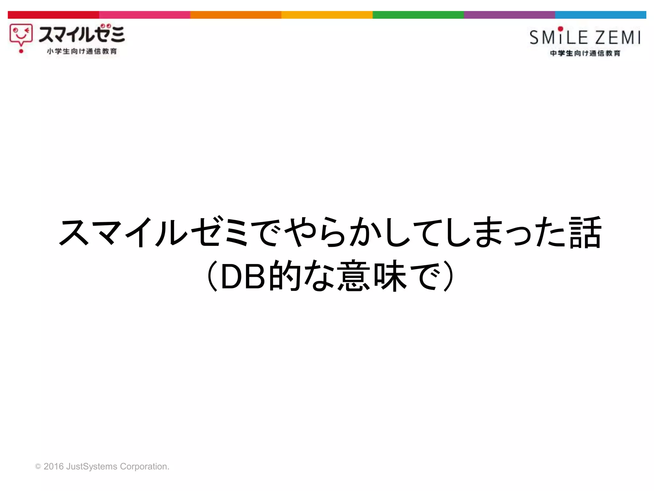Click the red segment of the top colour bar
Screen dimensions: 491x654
(x=53, y=15)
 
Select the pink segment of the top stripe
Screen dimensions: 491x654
(x=145, y=15)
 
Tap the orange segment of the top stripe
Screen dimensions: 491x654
(x=236, y=15)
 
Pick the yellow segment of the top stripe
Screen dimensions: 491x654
(x=327, y=15)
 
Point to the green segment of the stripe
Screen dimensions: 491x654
(x=418, y=15)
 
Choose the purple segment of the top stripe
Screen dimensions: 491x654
(x=509, y=15)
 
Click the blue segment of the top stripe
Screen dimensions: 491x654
(x=600, y=15)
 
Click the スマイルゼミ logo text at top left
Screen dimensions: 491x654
(x=82, y=34)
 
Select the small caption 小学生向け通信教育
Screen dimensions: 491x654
(x=82, y=51)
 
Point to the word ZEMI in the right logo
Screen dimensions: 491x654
(x=618, y=38)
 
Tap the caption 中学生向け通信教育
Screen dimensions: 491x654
(x=585, y=53)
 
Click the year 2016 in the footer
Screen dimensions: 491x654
(x=53, y=466)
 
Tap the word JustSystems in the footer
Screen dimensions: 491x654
(x=92, y=467)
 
